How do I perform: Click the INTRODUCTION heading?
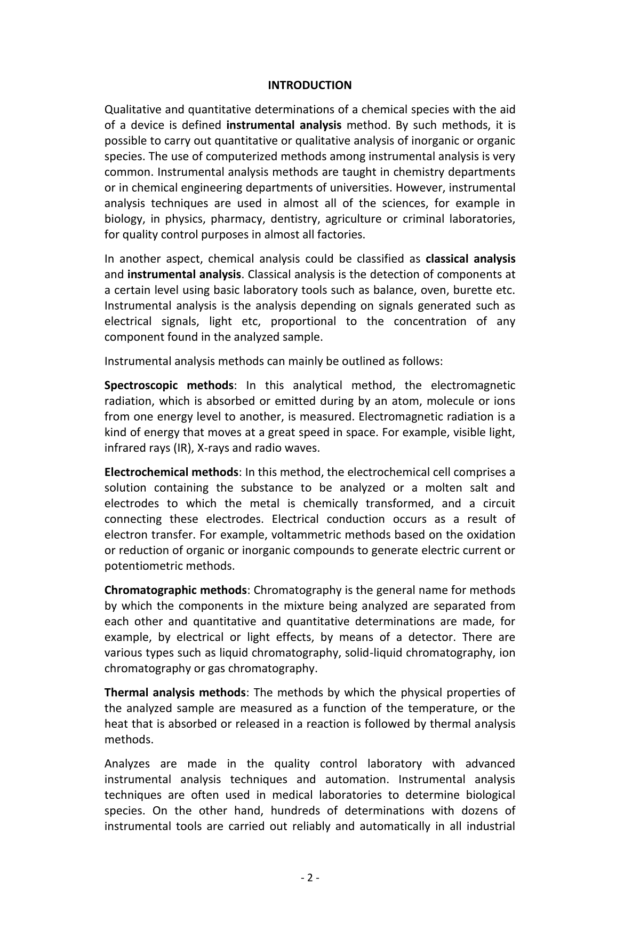(309, 85)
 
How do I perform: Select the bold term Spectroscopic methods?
(169, 386)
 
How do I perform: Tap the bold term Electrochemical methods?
(171, 473)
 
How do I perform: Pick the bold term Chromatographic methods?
(175, 591)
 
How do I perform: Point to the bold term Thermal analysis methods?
(174, 693)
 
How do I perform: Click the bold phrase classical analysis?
(470, 259)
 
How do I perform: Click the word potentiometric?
(143, 566)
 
